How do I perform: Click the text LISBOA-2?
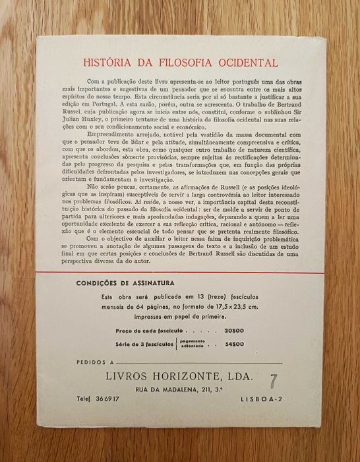coord(260,400)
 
